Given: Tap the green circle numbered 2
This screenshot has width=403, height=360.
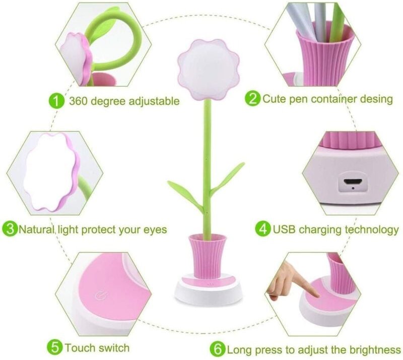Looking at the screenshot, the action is pos(253,98).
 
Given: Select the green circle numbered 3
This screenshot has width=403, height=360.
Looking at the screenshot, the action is pos(10,229).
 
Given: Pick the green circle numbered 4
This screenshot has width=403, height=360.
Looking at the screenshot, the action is pos(263,229).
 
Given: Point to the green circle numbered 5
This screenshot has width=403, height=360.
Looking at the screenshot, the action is pos(55,348).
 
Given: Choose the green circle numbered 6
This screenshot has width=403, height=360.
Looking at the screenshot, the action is pos(218,349).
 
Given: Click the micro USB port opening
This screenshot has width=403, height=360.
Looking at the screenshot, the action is pos(353,182).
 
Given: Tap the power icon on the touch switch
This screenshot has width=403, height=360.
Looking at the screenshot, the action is pos(100,295).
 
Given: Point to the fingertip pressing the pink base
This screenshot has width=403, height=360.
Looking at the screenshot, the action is pos(316,295).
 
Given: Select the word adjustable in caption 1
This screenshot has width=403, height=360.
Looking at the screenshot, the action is pos(154,101).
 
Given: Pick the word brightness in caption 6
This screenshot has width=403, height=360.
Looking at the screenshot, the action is pos(375,349).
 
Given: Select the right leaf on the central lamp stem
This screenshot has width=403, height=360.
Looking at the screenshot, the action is pos(227,178).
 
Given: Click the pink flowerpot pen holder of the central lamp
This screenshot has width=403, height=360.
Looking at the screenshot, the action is pos(208,256).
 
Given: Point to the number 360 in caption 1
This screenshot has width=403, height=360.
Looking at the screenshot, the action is pos(79,101).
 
